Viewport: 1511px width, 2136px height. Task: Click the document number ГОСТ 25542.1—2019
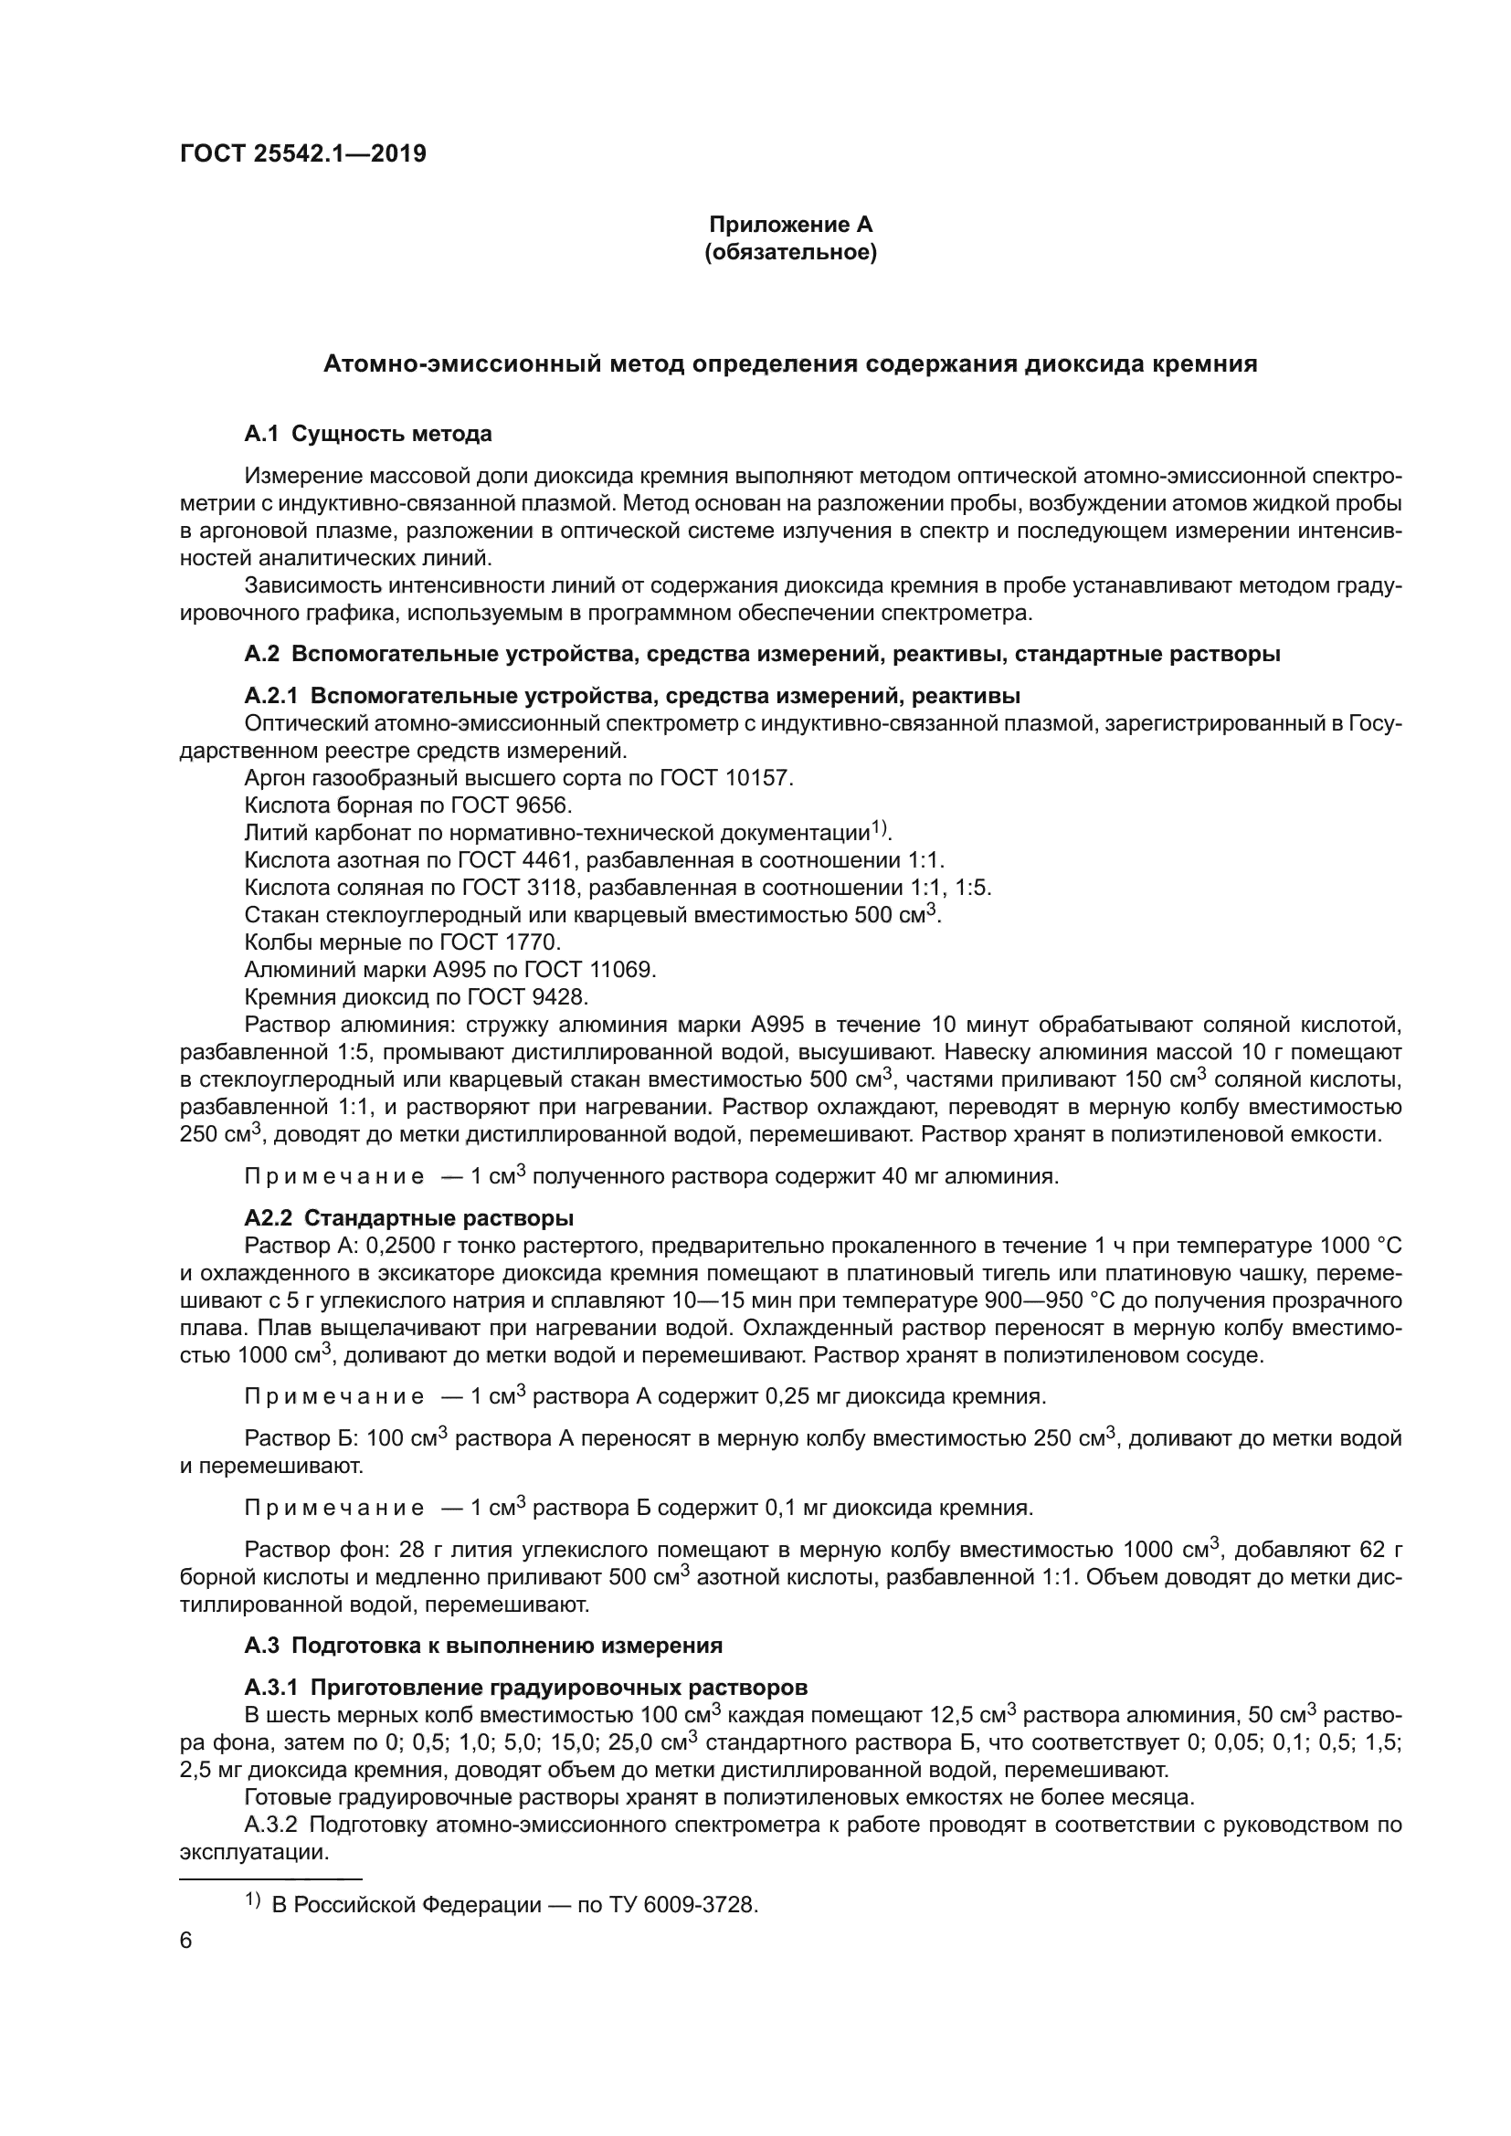302,153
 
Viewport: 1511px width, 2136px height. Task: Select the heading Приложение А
791,225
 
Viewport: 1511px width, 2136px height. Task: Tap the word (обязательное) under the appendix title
791,252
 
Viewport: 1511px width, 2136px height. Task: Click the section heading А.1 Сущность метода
367,434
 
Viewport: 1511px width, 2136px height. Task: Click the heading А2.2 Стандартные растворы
409,1219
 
